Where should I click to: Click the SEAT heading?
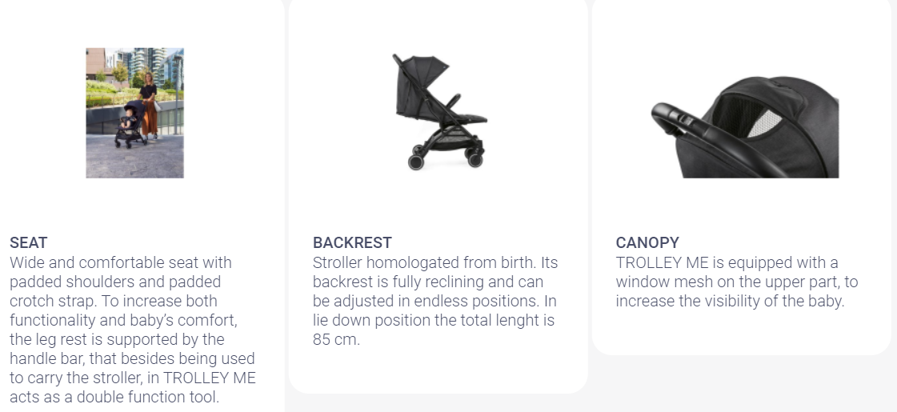pos(29,242)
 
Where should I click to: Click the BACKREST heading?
pos(352,242)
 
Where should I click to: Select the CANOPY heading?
pos(647,242)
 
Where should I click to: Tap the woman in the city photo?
pos(149,106)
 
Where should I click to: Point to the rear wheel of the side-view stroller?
pos(416,162)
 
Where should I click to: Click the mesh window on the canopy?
pos(764,123)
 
